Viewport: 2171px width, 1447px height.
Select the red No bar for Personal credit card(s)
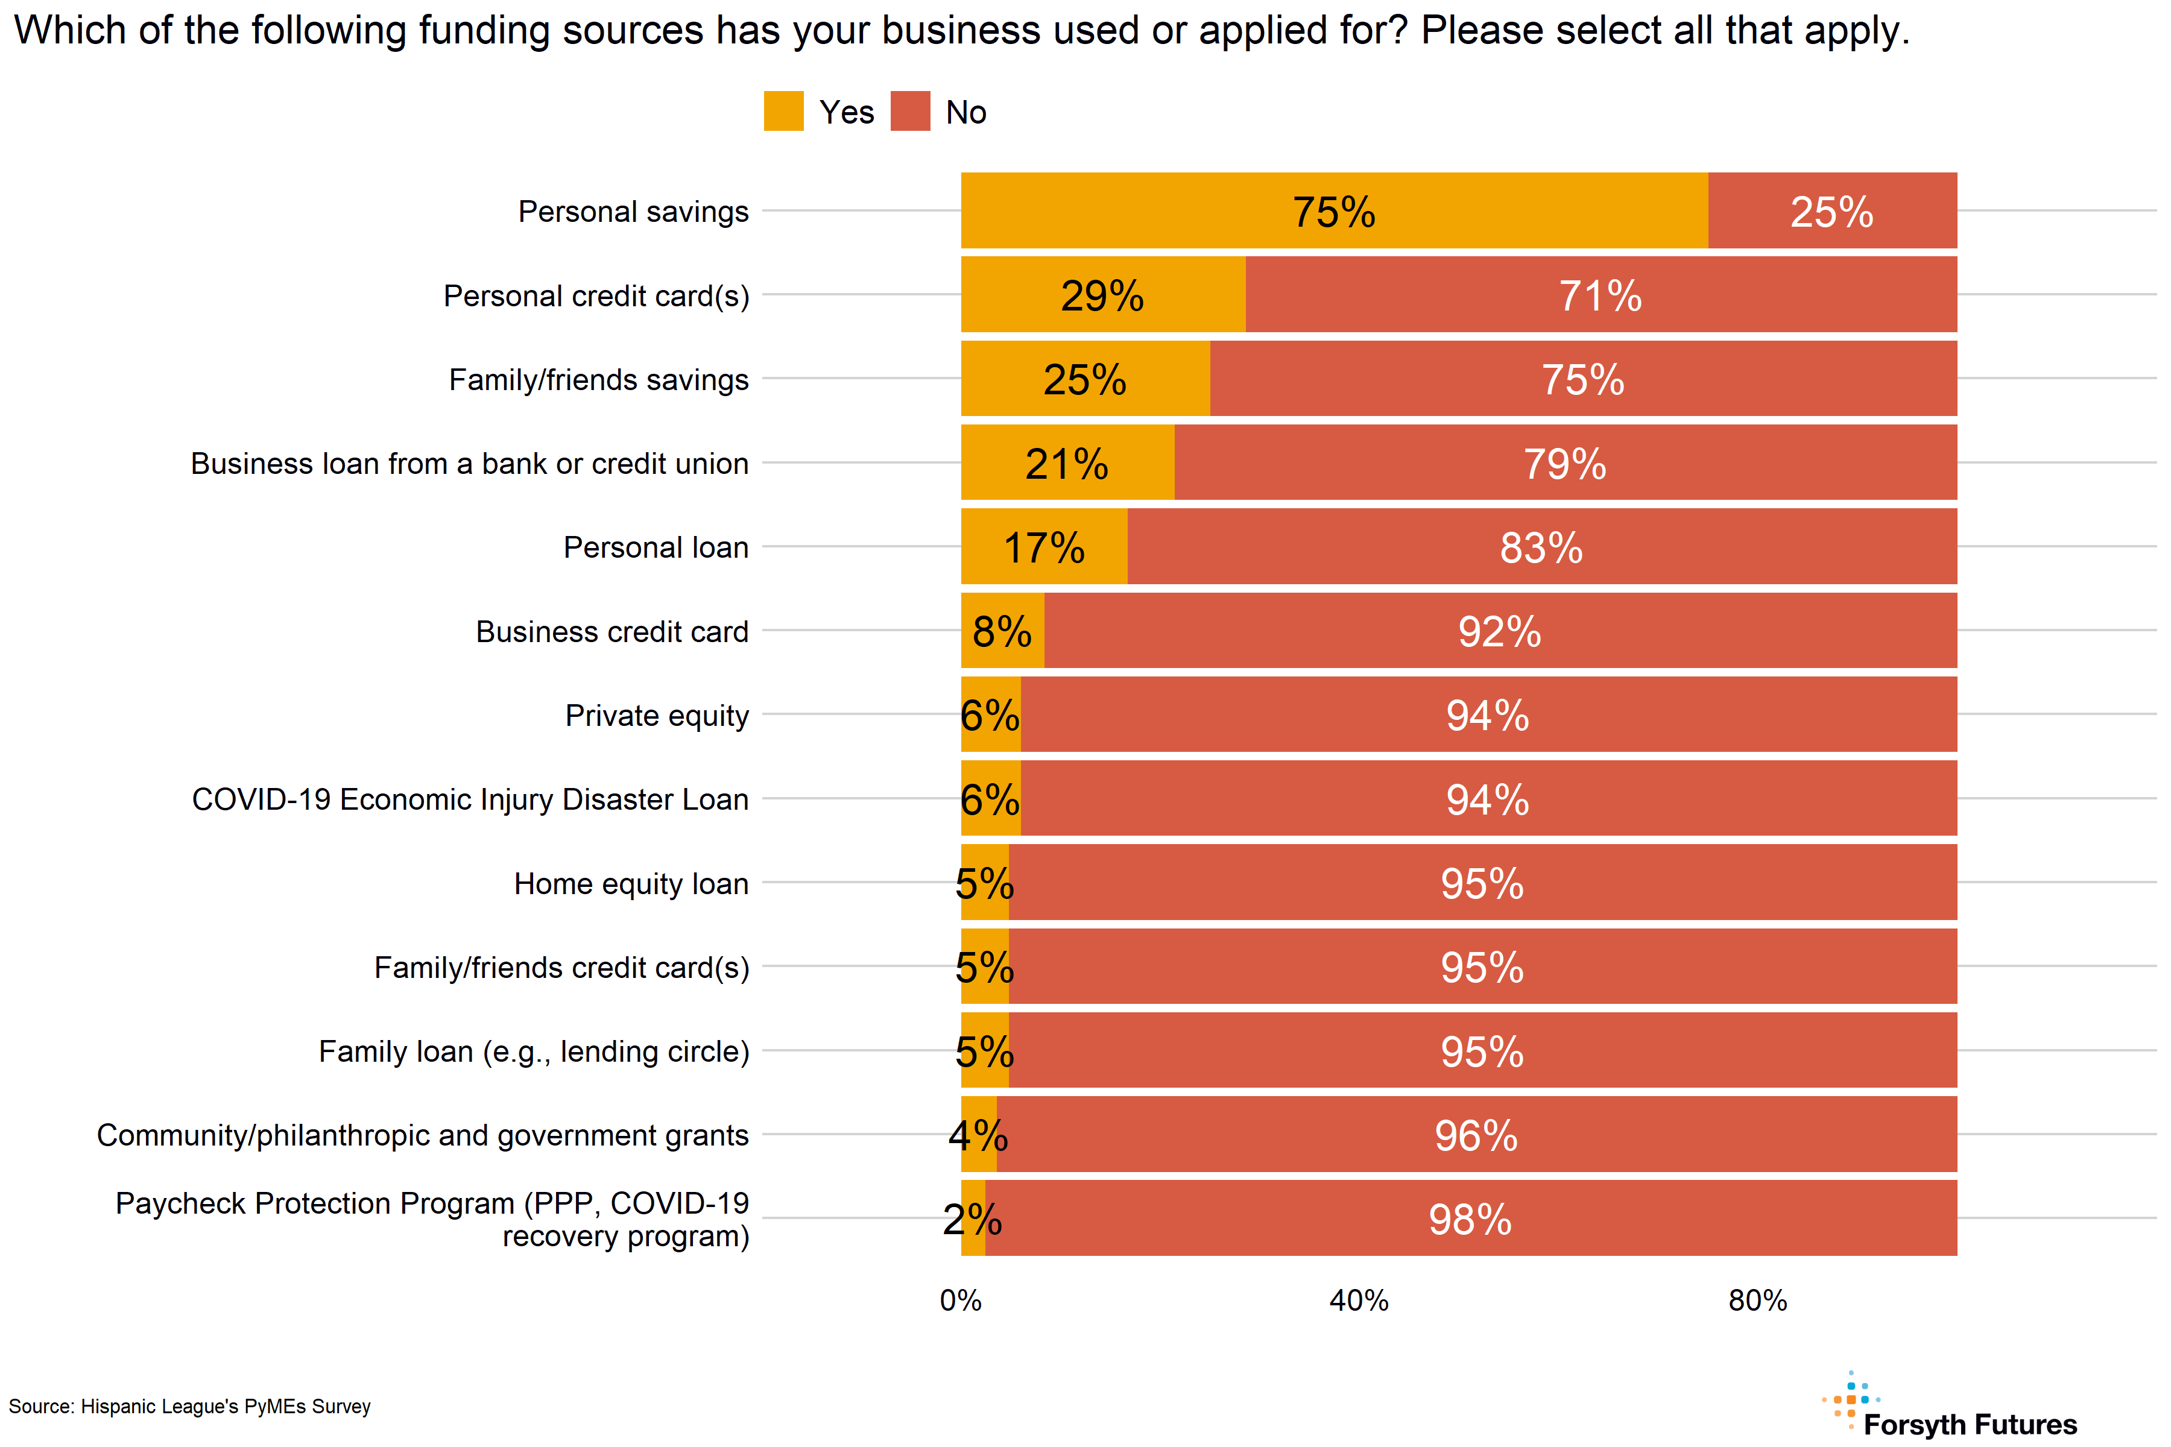1601,295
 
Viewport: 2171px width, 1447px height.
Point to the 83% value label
1541,547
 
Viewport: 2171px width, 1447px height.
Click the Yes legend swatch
783,112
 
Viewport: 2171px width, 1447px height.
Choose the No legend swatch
910,112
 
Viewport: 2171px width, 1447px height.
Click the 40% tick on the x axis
1359,1300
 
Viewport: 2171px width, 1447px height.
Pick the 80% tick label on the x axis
1757,1300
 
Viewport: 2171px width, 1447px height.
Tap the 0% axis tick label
960,1300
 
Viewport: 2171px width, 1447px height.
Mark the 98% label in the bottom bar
1470,1220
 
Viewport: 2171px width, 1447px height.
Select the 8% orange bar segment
1002,631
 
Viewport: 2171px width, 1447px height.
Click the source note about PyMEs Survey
189,1407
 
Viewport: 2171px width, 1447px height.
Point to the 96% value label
1475,1136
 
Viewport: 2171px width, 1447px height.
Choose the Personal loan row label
656,548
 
